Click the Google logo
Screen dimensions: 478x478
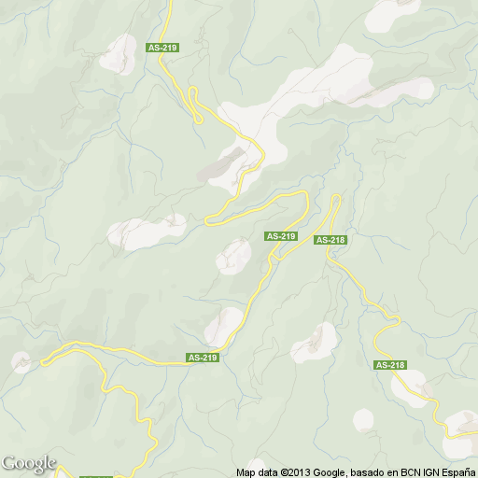click(28, 463)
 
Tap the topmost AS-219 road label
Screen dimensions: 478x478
click(162, 47)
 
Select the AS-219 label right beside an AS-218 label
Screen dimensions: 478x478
click(281, 236)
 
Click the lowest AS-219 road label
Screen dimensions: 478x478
click(203, 358)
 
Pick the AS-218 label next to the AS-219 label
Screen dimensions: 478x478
click(330, 240)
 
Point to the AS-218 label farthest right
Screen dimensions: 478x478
click(389, 365)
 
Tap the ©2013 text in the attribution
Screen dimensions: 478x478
click(295, 472)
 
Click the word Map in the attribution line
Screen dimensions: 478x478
click(246, 472)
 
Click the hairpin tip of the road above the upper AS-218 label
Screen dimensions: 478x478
click(336, 197)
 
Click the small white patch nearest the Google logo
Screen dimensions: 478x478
click(21, 361)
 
